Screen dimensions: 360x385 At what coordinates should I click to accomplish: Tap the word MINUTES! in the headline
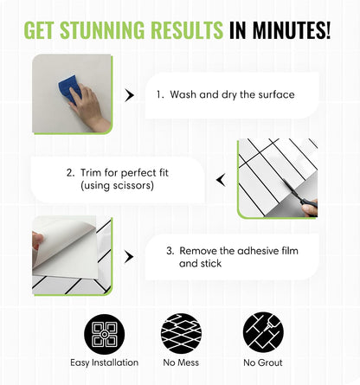coord(292,30)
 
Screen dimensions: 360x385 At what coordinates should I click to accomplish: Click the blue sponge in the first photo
coord(69,89)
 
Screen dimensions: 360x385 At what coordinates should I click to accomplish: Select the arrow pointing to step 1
coord(129,95)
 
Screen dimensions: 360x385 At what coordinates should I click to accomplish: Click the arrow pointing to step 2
coord(222,180)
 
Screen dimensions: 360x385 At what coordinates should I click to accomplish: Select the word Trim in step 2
coord(91,173)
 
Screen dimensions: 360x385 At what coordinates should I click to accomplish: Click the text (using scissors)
coord(117,185)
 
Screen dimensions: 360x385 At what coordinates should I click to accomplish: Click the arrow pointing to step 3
coord(129,257)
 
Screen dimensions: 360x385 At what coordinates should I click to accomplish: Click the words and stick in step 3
coord(201,264)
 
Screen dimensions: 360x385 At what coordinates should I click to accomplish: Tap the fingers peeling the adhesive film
coord(37,241)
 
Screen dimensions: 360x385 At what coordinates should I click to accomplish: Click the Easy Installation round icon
coord(105,334)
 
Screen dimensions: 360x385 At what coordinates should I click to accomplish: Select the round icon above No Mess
coord(181,333)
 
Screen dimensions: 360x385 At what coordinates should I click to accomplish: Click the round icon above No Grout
coord(263,332)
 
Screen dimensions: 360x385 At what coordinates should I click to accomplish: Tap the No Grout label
coord(263,363)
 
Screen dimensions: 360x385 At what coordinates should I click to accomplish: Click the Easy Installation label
coord(105,363)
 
